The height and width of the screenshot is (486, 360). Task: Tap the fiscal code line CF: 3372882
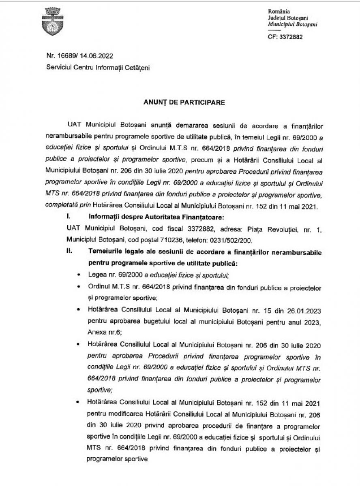pyautogui.click(x=285, y=36)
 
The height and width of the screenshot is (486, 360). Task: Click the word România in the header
pyautogui.click(x=279, y=12)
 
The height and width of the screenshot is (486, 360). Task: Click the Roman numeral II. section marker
pyautogui.click(x=69, y=252)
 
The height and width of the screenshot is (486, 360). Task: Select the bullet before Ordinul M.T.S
pyautogui.click(x=78, y=287)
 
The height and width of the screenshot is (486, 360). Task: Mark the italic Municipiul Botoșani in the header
pyautogui.click(x=293, y=24)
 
